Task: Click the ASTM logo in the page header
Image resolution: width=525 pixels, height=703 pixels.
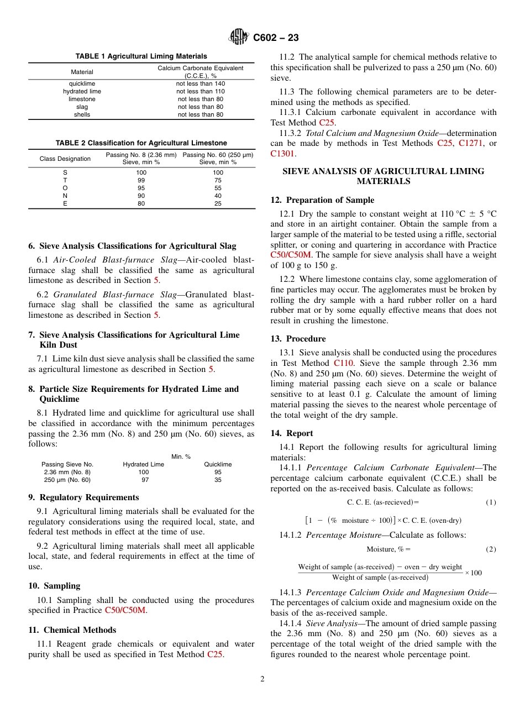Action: click(x=239, y=37)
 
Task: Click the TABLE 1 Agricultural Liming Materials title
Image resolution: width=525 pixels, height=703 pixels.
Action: click(x=141, y=56)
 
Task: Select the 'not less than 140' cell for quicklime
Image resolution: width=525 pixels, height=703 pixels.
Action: click(x=200, y=83)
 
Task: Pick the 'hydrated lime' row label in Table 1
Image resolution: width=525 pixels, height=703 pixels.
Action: click(x=82, y=91)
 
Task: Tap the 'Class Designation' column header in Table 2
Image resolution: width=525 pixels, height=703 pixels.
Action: click(x=65, y=159)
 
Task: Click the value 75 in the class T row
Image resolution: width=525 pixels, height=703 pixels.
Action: click(x=218, y=180)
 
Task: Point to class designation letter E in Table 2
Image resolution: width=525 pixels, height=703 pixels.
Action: click(x=65, y=203)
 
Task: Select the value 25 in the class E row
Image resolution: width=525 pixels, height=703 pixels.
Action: click(x=218, y=203)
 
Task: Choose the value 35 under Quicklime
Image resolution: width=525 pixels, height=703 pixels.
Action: click(x=218, y=480)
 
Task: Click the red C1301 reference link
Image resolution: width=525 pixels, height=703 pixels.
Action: click(x=282, y=154)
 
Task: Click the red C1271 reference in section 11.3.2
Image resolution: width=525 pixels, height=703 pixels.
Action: click(x=470, y=143)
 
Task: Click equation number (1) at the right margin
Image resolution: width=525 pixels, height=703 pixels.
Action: click(x=491, y=502)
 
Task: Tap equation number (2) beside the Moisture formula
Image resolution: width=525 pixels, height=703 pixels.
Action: click(x=491, y=549)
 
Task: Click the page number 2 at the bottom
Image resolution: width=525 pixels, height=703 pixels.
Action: click(x=262, y=679)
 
